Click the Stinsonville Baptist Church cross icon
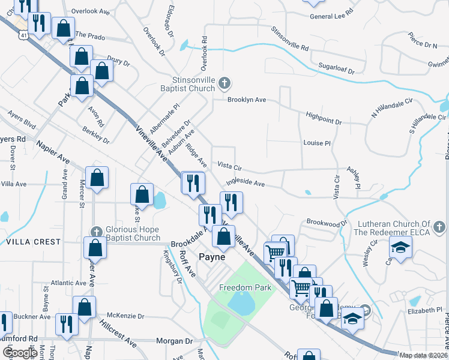pos(224,83)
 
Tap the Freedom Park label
pos(244,287)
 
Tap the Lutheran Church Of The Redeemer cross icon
pos(439,227)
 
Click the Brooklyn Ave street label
pos(246,100)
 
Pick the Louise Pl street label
pos(317,143)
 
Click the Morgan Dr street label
pos(174,341)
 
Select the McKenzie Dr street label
pos(125,316)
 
